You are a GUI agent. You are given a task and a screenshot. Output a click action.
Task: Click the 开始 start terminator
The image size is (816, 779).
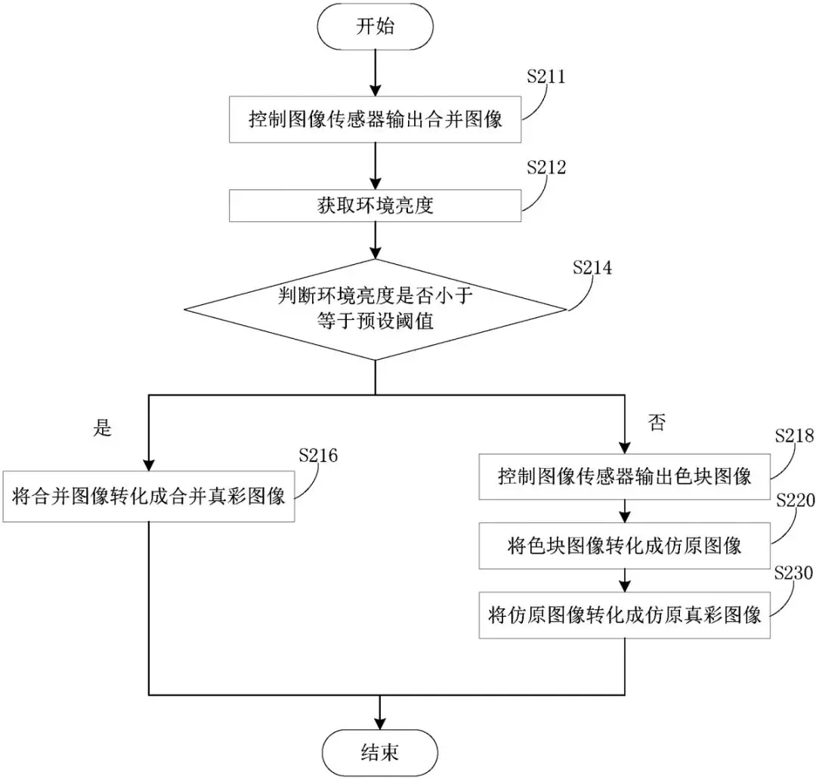(x=375, y=27)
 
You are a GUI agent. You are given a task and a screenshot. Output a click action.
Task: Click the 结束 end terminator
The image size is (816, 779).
(x=379, y=753)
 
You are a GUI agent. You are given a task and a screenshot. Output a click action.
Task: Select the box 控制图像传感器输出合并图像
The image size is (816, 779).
(x=376, y=120)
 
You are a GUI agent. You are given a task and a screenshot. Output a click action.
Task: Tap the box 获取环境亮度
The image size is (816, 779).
(x=376, y=205)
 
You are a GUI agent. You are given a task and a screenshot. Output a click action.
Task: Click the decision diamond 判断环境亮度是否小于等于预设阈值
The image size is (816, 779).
(x=376, y=309)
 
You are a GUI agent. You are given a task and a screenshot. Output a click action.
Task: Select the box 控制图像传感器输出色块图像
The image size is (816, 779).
(x=624, y=476)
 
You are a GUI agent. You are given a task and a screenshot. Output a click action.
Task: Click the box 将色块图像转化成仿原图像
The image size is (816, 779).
(x=624, y=545)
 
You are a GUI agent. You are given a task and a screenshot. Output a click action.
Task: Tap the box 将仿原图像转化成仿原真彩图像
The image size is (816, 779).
(x=624, y=614)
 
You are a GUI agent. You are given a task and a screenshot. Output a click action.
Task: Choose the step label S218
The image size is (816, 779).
(x=794, y=436)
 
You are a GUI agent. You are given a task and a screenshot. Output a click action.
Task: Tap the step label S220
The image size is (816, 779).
(x=794, y=501)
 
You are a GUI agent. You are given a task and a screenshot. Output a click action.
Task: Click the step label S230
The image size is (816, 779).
(x=794, y=573)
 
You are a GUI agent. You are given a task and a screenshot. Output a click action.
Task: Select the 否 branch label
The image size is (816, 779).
(x=657, y=423)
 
